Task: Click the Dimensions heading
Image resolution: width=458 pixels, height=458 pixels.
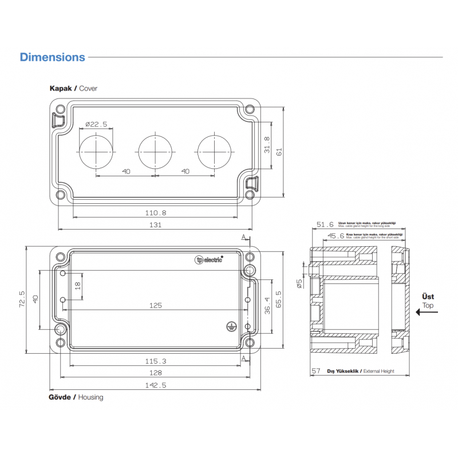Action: coord(52,57)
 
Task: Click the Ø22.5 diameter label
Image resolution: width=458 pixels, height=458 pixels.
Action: coord(96,124)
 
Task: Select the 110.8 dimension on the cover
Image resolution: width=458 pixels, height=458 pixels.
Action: coord(155,212)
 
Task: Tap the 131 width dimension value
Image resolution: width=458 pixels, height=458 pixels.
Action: coord(155,225)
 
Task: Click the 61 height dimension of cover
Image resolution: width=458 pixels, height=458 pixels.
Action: coord(280,152)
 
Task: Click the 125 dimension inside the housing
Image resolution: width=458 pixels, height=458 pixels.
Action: coord(155,305)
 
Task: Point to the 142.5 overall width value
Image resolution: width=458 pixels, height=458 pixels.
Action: coord(155,385)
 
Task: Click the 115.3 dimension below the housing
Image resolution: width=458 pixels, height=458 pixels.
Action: coord(155,361)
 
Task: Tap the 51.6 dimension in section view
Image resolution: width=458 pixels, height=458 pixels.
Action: coord(325,225)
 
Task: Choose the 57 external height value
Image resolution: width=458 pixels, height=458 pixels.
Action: coord(316,371)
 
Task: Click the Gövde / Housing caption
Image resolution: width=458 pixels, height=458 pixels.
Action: coord(77,397)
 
